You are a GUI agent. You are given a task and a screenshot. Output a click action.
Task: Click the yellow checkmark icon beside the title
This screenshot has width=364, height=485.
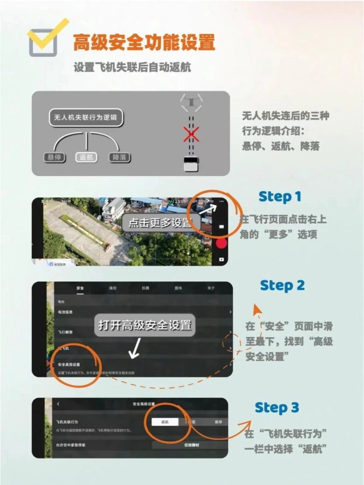(x=48, y=36)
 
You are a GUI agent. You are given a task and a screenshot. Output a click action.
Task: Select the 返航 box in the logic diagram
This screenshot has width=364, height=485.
(x=86, y=157)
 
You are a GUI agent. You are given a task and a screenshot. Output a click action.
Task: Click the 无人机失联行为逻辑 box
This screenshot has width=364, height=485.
(x=86, y=117)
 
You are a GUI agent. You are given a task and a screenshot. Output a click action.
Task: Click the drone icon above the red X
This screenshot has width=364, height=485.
(x=191, y=101)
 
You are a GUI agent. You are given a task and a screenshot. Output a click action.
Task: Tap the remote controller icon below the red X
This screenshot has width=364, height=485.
(x=191, y=166)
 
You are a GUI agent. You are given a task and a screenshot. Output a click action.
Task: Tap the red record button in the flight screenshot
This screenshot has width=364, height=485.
(x=221, y=243)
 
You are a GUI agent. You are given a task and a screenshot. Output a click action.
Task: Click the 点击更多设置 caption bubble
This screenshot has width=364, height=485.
(x=161, y=223)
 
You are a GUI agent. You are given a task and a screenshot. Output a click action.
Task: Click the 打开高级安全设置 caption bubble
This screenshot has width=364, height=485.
(x=145, y=325)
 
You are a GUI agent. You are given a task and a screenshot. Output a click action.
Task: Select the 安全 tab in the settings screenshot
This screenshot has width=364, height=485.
(x=80, y=288)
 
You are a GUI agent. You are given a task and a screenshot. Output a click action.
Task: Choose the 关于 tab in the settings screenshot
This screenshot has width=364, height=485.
(x=211, y=288)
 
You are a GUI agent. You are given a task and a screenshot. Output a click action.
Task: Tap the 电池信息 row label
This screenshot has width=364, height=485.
(x=65, y=312)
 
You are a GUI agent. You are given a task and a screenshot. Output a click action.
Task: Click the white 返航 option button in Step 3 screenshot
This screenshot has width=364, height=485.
(x=165, y=422)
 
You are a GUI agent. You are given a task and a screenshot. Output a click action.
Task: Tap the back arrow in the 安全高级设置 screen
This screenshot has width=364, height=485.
(x=58, y=404)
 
